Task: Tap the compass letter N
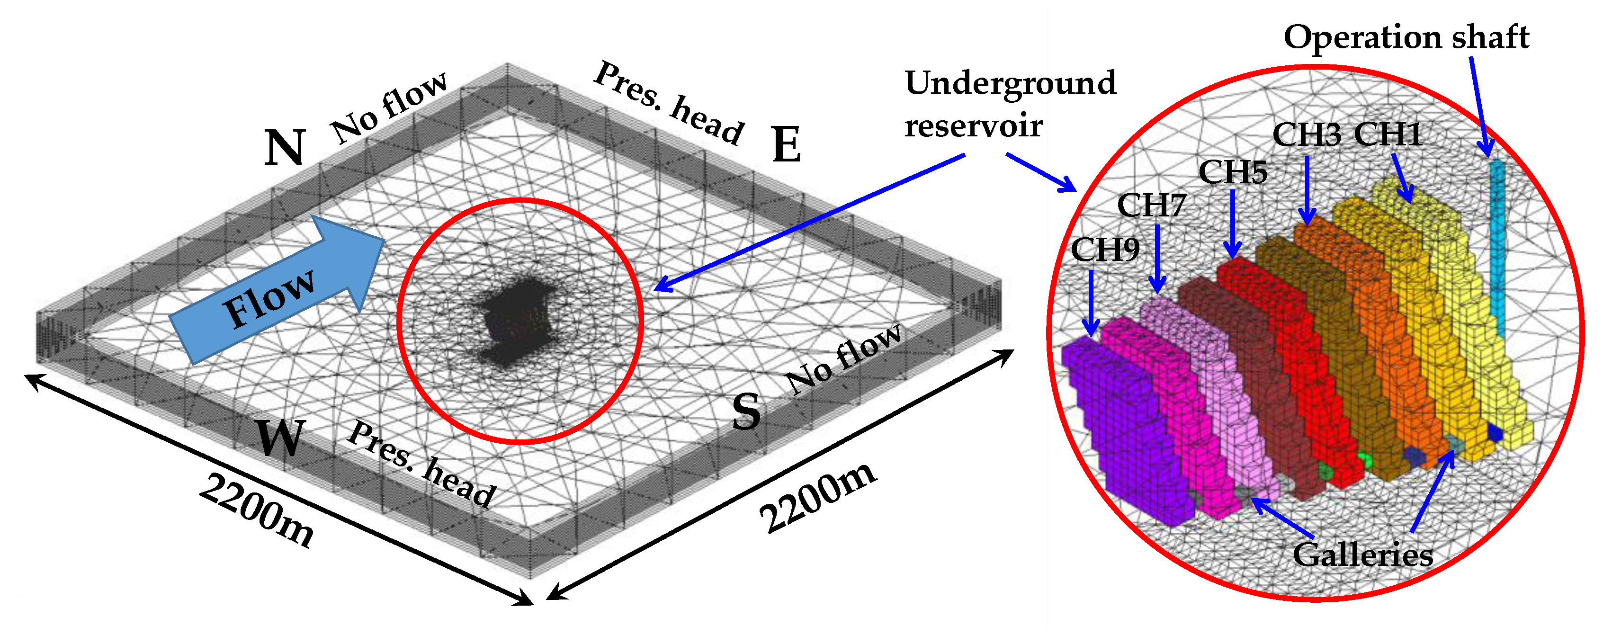[285, 148]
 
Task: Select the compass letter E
[786, 144]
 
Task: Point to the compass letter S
[746, 411]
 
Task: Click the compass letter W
[281, 438]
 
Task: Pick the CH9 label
[1105, 250]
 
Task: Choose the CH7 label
[1151, 205]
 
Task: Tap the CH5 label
[1233, 172]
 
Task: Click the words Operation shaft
[1406, 37]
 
